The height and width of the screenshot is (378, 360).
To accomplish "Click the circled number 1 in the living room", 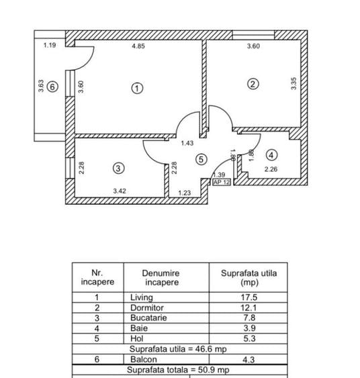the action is click(137, 88).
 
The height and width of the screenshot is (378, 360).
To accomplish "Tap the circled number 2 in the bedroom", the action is click(253, 84).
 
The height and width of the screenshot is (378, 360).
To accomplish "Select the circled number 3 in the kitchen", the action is click(119, 168).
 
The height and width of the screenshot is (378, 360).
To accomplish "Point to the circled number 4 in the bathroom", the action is click(271, 155).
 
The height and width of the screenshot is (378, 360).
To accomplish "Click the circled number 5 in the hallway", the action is click(201, 159).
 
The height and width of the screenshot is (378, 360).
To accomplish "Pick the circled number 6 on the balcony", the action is click(52, 87).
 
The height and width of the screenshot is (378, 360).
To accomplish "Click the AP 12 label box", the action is click(222, 182).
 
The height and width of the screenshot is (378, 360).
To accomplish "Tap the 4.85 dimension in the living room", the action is click(138, 46).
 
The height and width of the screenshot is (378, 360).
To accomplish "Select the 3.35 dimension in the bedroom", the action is click(294, 84).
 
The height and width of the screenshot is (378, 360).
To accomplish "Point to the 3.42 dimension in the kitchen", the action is click(120, 191).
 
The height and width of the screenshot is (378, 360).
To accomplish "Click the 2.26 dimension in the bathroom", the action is click(271, 169).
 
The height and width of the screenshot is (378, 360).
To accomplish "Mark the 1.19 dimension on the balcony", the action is click(50, 45).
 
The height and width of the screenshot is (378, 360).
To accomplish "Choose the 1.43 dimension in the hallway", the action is click(187, 143).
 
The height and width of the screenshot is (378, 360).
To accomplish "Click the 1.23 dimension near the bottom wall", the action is click(185, 193).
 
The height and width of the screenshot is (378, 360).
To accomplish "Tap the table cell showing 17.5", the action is click(249, 297).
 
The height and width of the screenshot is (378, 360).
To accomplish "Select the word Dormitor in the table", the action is click(147, 308).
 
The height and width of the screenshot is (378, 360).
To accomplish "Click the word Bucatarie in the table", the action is click(148, 318).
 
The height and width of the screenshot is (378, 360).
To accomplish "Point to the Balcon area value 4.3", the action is click(249, 360).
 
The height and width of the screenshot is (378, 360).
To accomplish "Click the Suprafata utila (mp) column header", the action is click(249, 277).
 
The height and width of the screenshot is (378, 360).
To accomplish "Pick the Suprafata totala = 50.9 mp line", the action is click(178, 370).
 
